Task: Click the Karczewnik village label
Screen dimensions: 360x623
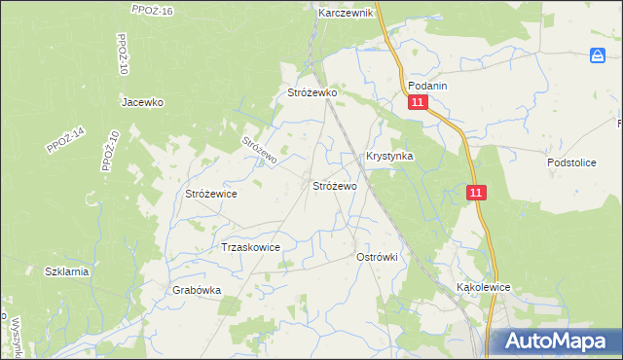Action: [x=346, y=14]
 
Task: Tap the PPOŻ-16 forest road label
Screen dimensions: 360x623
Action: [x=151, y=10]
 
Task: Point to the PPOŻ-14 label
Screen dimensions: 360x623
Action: [x=65, y=141]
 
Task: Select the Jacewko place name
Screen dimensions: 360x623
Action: [x=142, y=101]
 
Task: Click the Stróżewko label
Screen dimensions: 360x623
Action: [x=311, y=92]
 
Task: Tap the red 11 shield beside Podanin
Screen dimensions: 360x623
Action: [x=418, y=103]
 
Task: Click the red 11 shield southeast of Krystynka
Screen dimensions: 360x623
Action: [x=475, y=194]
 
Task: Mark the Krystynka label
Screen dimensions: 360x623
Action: [x=389, y=156]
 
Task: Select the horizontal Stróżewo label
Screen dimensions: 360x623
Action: [x=334, y=185]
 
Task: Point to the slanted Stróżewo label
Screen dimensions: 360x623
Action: [x=260, y=149]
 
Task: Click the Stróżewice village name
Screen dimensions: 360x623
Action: [x=211, y=194]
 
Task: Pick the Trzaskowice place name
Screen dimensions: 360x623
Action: [x=251, y=247]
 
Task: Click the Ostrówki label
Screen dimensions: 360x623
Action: [x=380, y=256]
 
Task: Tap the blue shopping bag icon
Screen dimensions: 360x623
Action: [x=599, y=57]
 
